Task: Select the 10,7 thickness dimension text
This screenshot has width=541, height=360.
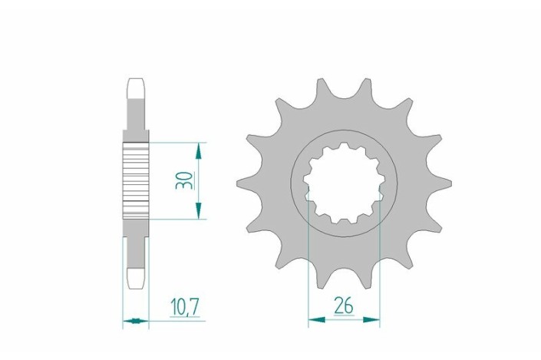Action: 184,307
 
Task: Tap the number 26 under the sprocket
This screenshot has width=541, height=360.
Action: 343,306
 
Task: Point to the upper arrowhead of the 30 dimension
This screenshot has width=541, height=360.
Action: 199,149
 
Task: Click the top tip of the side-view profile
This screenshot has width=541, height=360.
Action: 136,81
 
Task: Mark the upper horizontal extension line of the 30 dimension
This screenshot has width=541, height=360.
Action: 176,143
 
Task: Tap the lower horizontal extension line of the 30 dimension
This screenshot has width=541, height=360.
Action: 176,220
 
